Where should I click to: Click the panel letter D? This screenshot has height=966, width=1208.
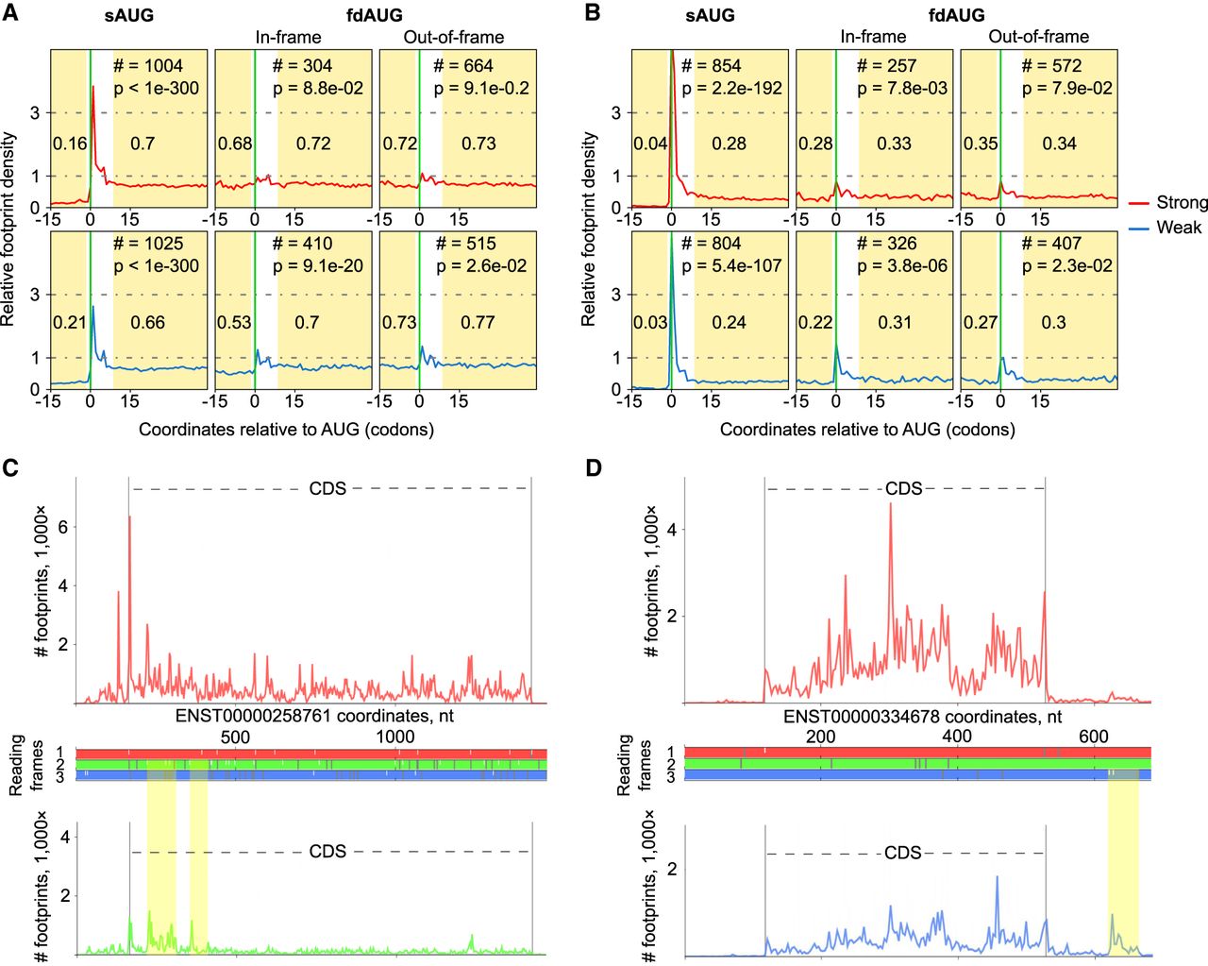(594, 467)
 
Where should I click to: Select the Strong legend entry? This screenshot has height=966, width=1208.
(1181, 202)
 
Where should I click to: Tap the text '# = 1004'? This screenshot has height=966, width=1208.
(148, 65)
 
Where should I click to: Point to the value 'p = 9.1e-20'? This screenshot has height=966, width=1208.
(318, 266)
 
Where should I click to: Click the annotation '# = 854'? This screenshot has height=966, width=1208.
(712, 65)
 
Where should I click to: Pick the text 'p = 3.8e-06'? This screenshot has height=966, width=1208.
(902, 266)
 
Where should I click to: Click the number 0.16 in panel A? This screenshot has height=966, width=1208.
(70, 144)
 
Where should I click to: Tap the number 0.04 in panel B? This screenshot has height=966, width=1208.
(650, 144)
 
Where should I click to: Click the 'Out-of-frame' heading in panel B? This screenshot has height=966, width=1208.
(1038, 37)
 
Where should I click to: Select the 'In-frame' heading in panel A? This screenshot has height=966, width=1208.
(288, 37)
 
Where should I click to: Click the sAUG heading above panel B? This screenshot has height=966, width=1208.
(710, 15)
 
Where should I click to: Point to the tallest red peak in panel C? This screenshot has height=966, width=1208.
(129, 517)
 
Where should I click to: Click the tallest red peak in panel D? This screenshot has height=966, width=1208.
(890, 504)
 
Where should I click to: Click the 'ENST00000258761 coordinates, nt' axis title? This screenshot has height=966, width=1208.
(314, 716)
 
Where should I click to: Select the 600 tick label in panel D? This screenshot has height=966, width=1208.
(1094, 737)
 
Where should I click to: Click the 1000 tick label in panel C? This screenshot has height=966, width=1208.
(395, 737)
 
